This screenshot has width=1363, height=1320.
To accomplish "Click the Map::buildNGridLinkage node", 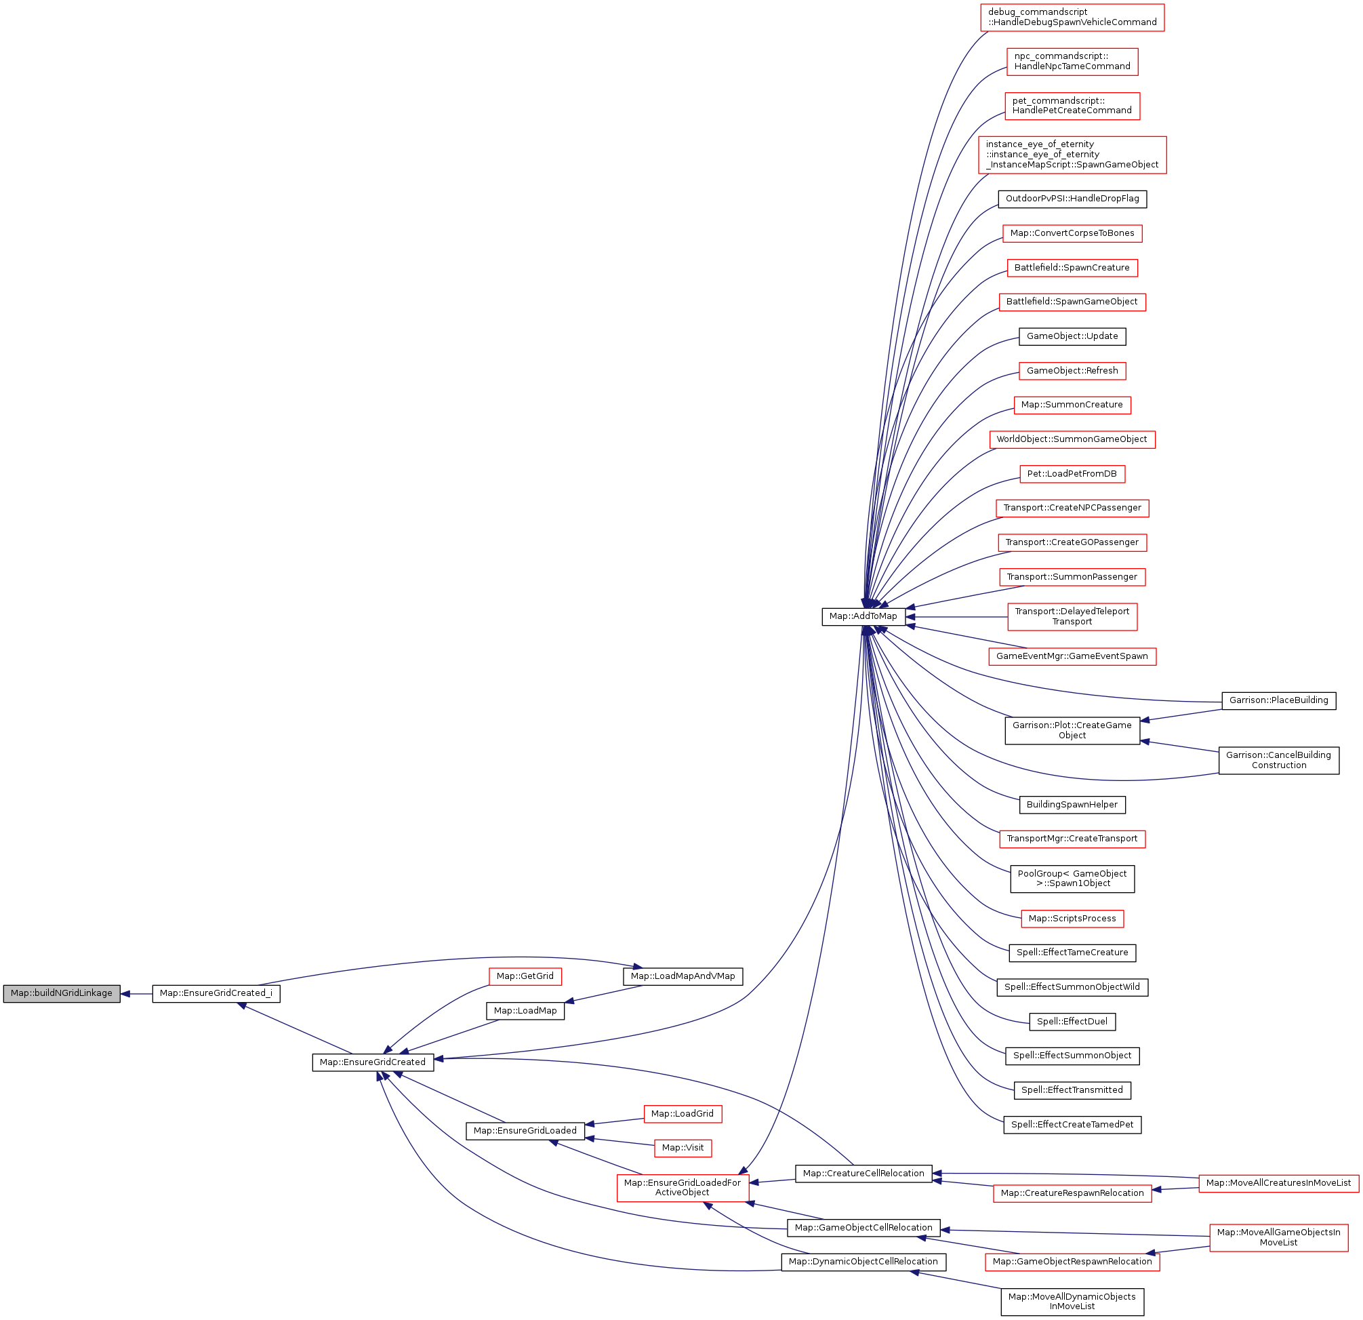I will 61,993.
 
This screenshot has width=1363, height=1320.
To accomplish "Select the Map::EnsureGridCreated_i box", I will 216,993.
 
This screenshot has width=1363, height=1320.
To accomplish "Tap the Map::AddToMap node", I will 863,616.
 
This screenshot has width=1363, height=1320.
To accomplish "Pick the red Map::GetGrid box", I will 525,976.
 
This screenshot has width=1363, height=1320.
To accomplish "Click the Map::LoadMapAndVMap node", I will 683,976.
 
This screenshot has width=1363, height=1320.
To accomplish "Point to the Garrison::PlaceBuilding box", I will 1278,700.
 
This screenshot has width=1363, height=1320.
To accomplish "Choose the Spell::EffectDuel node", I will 1072,1022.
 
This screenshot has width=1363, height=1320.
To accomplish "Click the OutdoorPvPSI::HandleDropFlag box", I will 1072,199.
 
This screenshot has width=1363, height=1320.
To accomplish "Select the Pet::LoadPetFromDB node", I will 1072,475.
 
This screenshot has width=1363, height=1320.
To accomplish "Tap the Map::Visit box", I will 683,1148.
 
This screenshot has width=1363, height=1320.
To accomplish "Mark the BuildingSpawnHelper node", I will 1072,805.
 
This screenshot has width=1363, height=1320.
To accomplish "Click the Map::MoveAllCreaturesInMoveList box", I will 1278,1183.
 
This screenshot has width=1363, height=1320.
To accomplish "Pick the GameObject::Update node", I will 1072,336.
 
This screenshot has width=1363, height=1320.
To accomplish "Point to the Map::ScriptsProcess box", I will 1072,919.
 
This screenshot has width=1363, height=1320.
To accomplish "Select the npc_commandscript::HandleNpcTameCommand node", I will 1072,61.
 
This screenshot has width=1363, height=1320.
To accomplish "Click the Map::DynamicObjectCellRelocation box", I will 862,1262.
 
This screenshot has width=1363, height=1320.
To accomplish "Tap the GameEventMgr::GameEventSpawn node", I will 1072,656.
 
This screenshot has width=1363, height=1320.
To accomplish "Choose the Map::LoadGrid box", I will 682,1114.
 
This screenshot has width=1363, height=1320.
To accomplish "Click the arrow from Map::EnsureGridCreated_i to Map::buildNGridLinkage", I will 136,994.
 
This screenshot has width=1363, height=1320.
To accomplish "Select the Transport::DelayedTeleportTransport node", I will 1072,617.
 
